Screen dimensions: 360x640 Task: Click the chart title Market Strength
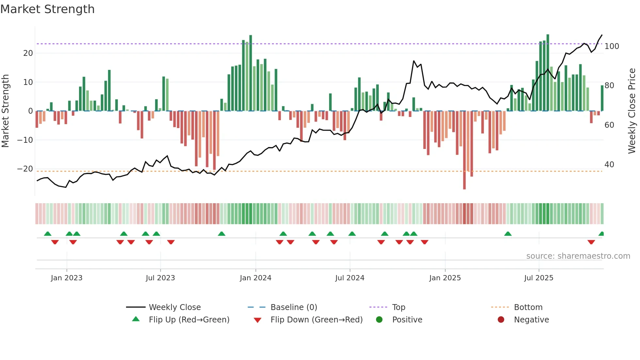click(x=47, y=9)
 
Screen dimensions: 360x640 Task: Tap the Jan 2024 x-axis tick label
click(x=255, y=278)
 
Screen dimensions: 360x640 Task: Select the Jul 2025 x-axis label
click(x=538, y=278)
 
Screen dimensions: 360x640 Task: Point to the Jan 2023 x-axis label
click(x=67, y=278)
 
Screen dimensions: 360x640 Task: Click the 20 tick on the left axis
click(x=28, y=53)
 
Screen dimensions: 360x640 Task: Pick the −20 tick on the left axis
click(x=25, y=169)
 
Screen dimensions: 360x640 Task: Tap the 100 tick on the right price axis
click(x=612, y=46)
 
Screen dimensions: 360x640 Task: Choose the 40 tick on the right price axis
click(x=609, y=165)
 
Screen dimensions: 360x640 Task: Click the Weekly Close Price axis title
click(x=632, y=111)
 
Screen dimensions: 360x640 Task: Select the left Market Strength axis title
click(x=6, y=111)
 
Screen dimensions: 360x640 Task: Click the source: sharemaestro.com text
click(x=578, y=256)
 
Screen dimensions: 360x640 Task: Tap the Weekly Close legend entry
click(x=175, y=307)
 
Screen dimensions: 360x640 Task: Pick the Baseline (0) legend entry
click(x=294, y=307)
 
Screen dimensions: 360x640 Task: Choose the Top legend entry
click(x=398, y=307)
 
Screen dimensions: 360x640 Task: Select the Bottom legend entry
click(x=528, y=307)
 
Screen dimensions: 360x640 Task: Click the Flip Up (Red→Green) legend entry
click(x=189, y=320)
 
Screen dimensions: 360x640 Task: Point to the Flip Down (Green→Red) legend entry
click(x=316, y=320)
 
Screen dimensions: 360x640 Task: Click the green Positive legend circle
click(x=379, y=320)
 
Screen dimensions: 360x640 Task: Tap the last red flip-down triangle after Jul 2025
click(x=591, y=242)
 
